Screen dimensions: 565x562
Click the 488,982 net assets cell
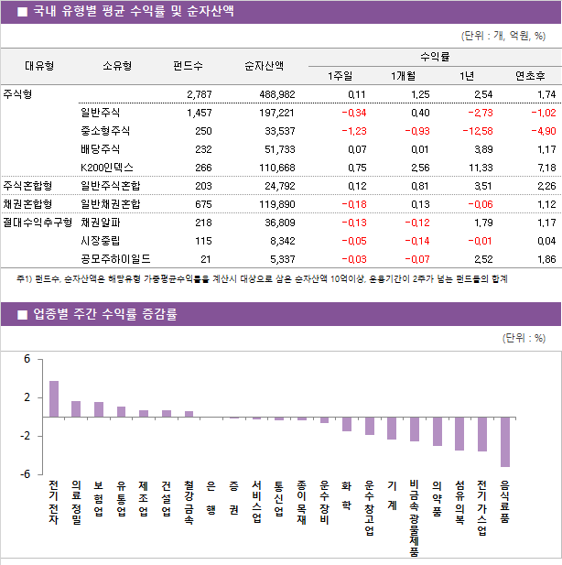pyautogui.click(x=273, y=93)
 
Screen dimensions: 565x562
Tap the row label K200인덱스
pyautogui.click(x=106, y=167)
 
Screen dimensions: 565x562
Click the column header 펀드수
pyautogui.click(x=188, y=65)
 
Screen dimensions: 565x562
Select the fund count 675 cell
pyautogui.click(x=198, y=203)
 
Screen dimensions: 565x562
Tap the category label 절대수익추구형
pyautogui.click(x=37, y=222)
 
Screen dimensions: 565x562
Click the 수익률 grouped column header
pyautogui.click(x=433, y=56)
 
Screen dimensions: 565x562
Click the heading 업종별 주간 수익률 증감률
pyautogui.click(x=106, y=314)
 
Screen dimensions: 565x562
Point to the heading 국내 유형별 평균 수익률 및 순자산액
pyautogui.click(x=133, y=11)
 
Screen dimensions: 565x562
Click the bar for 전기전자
pyautogui.click(x=54, y=399)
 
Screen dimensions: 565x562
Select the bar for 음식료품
pyautogui.click(x=505, y=441)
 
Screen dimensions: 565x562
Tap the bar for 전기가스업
pyautogui.click(x=482, y=434)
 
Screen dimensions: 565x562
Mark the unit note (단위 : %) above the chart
pyautogui.click(x=524, y=337)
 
